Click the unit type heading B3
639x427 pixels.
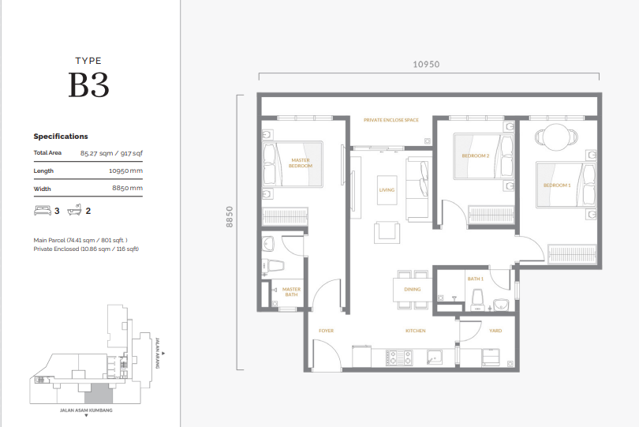[x=88, y=85]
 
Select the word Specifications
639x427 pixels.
[x=61, y=137]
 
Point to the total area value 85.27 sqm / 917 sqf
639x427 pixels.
[x=111, y=153]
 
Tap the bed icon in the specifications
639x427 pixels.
[x=42, y=211]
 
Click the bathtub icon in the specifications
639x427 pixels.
[x=74, y=211]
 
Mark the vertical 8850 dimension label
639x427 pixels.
[x=230, y=217]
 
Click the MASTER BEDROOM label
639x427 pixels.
[x=301, y=163]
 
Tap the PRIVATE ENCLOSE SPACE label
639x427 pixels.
[x=390, y=120]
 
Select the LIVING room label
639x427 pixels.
[x=387, y=190]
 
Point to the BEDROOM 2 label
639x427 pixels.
[x=476, y=155]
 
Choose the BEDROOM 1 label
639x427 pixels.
[x=557, y=185]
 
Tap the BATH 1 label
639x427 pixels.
[x=475, y=279]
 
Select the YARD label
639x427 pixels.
[x=495, y=331]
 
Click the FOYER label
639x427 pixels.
[x=327, y=331]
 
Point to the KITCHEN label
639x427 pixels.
[x=416, y=331]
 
